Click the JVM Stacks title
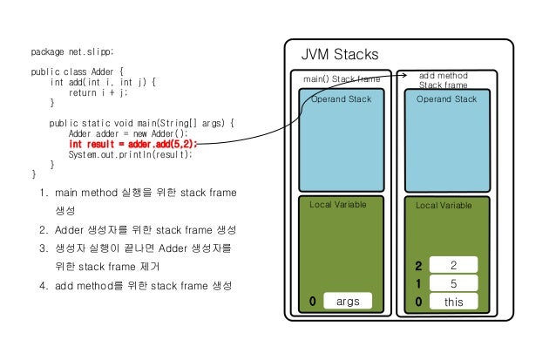(340, 54)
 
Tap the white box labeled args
(347, 302)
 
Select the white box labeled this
(453, 302)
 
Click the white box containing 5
(453, 283)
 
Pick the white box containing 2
(453, 265)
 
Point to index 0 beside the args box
(312, 302)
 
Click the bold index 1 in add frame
(418, 283)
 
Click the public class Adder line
(78, 71)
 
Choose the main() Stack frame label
(341, 79)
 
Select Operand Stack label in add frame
(446, 99)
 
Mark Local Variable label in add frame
(444, 206)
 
